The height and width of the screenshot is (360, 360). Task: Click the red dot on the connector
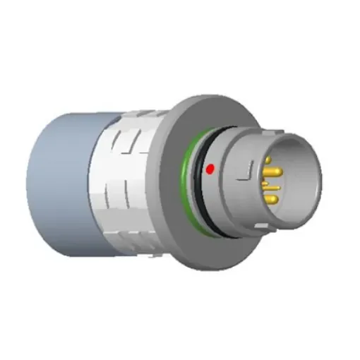[210, 169]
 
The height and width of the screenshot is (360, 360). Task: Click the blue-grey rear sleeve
[60, 184]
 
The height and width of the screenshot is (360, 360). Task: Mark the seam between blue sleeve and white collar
[97, 184]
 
